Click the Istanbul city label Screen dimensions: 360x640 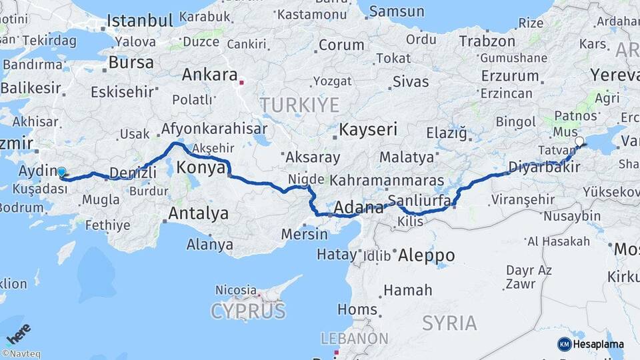pyautogui.click(x=140, y=20)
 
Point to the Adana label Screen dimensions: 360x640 pyautogui.click(x=359, y=207)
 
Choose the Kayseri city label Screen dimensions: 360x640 pyautogui.click(x=368, y=129)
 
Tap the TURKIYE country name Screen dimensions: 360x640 pyautogui.click(x=299, y=105)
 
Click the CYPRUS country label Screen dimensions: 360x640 pyautogui.click(x=248, y=311)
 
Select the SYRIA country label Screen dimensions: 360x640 pyautogui.click(x=449, y=323)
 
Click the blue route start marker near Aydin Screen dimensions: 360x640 pyautogui.click(x=62, y=172)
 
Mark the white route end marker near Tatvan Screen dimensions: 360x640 pyautogui.click(x=579, y=141)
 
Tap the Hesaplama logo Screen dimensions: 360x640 pyautogui.click(x=591, y=344)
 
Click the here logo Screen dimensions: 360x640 pyautogui.click(x=18, y=333)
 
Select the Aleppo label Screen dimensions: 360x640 pyautogui.click(x=426, y=255)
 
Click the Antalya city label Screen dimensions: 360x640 pyautogui.click(x=198, y=214)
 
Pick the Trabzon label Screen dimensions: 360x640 pyautogui.click(x=487, y=41)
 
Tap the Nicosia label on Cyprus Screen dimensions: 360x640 pyautogui.click(x=236, y=291)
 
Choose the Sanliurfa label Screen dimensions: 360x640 pyautogui.click(x=421, y=200)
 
